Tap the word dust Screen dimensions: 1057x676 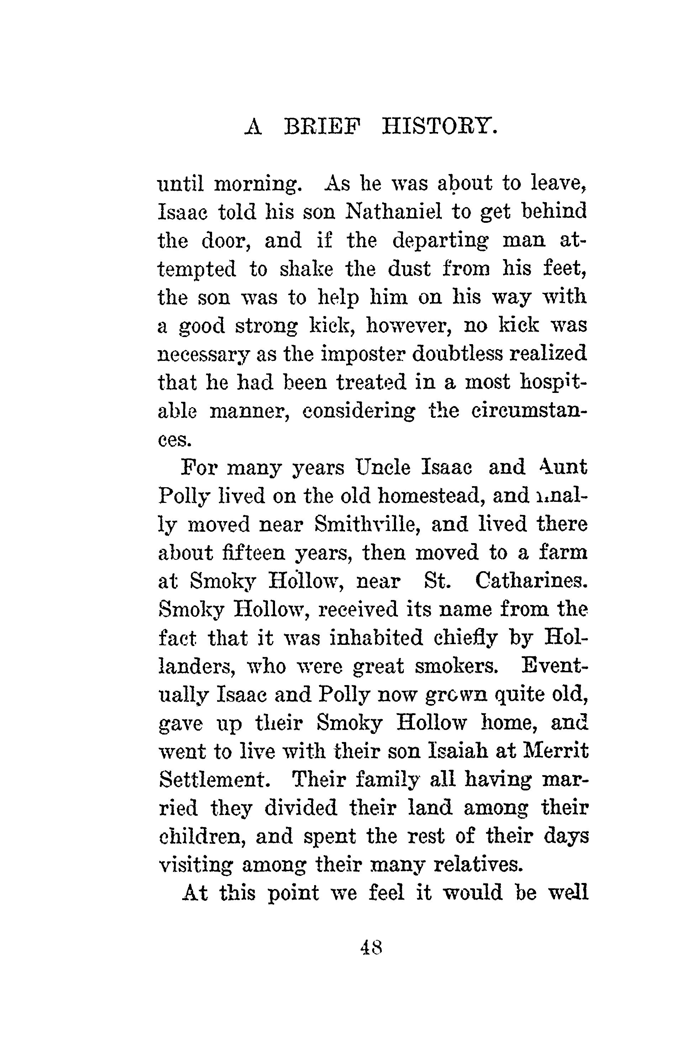[409, 269]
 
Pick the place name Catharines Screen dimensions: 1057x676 [531, 581]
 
